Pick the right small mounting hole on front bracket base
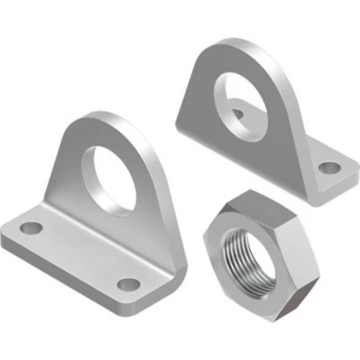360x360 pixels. (129, 284)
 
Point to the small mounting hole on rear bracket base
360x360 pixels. (330, 167)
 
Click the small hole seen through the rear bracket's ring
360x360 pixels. (236, 112)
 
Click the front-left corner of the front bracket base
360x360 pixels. (4, 240)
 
